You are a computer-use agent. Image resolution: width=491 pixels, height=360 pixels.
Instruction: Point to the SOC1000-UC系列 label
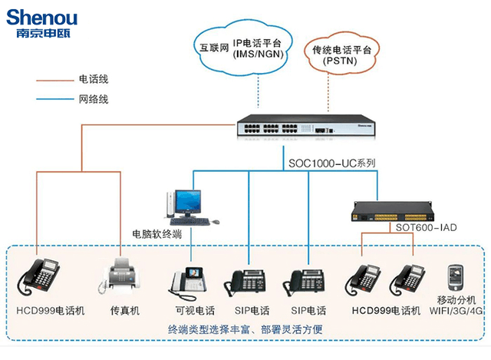click(x=331, y=163)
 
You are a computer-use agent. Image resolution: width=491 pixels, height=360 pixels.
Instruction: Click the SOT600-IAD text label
click(x=426, y=228)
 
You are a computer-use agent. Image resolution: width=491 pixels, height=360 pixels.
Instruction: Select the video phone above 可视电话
click(x=187, y=280)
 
